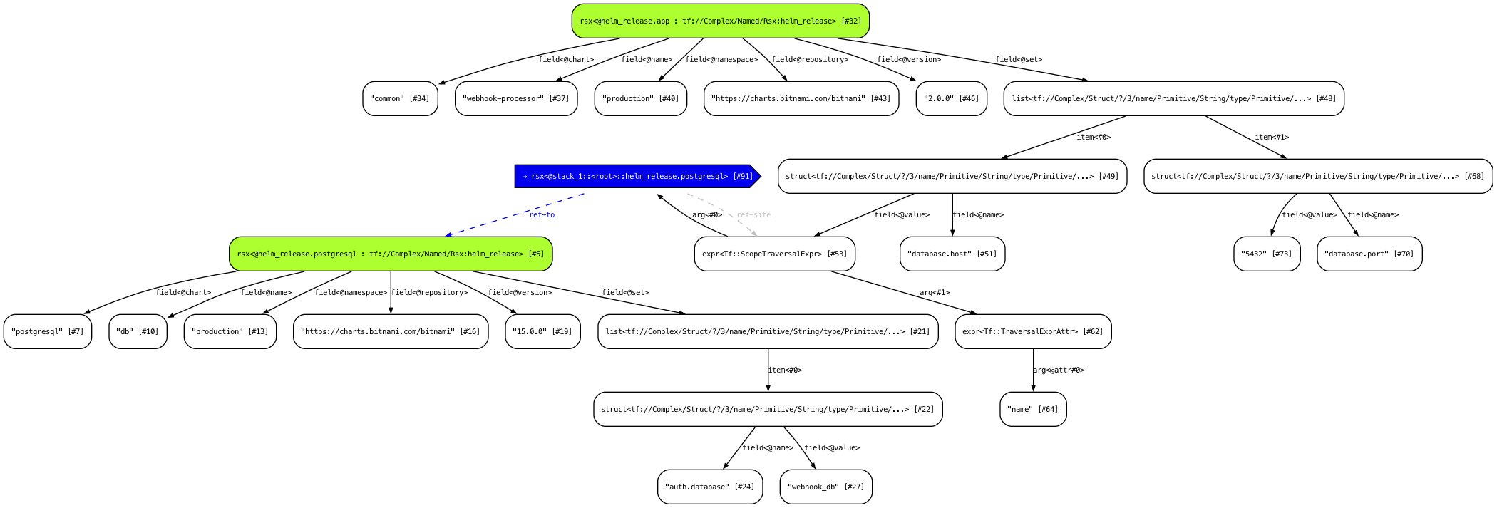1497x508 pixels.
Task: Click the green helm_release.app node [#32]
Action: click(720, 21)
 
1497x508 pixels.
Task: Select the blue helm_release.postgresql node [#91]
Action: click(637, 176)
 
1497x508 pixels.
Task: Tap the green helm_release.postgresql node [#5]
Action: click(391, 254)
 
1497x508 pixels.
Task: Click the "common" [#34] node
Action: click(400, 98)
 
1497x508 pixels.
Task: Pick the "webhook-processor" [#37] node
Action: click(516, 98)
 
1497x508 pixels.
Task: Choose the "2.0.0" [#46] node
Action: click(951, 98)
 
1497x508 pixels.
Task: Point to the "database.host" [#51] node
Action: click(952, 254)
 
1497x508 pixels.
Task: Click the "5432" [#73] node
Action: click(1267, 254)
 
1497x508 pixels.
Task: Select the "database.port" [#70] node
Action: click(1369, 254)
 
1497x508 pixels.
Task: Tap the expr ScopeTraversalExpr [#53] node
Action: click(774, 254)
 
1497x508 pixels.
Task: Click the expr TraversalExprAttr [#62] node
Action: click(1033, 331)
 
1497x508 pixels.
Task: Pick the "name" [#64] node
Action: click(1033, 409)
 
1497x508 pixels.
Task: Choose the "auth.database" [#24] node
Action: click(710, 487)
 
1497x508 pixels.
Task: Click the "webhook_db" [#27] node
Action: click(825, 487)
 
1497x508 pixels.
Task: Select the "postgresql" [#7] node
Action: click(48, 331)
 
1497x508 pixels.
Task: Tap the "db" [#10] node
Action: click(138, 331)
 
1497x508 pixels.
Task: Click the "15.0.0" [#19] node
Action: click(542, 331)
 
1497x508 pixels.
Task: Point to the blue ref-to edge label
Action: click(542, 214)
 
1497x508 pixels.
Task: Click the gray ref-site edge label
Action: click(753, 214)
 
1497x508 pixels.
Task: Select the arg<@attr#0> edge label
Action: click(1059, 370)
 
